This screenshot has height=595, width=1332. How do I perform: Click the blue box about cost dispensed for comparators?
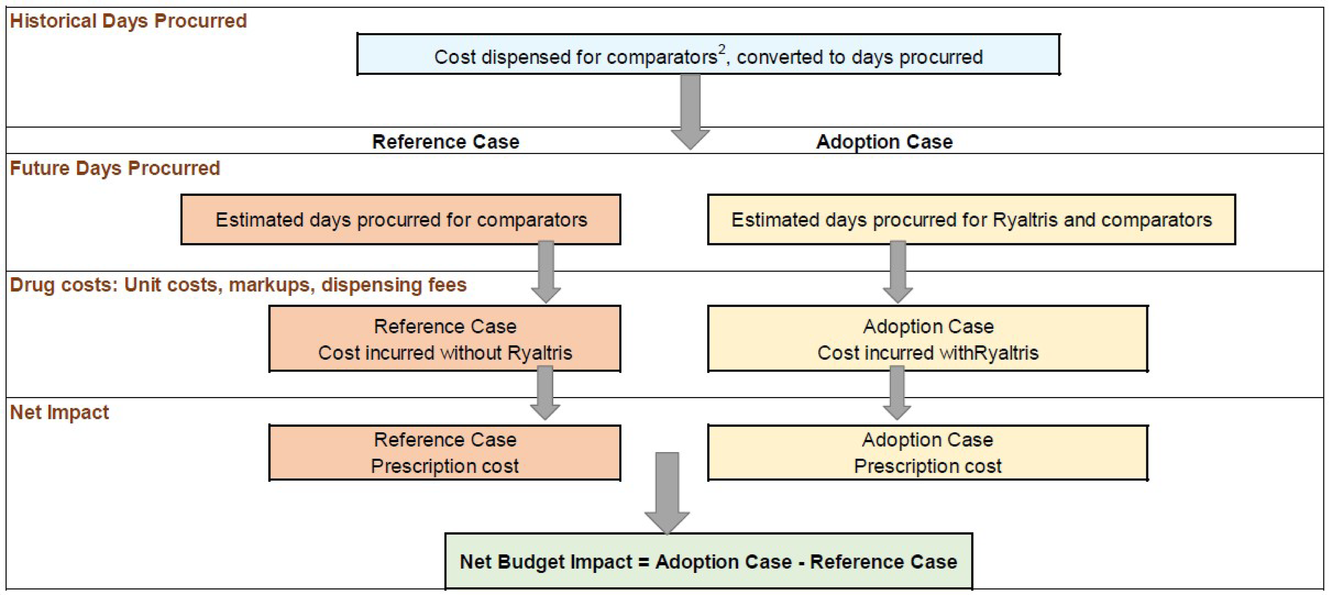click(708, 55)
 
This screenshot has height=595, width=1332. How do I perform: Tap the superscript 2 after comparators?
click(722, 50)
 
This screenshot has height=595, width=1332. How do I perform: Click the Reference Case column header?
click(446, 142)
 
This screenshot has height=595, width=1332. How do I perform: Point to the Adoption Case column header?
click(884, 142)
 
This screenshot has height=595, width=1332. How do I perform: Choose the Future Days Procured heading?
click(115, 168)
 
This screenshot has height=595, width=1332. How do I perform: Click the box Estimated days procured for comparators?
click(401, 220)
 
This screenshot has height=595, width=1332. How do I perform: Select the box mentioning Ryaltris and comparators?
click(971, 220)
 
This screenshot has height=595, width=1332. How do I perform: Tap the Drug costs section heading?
click(238, 285)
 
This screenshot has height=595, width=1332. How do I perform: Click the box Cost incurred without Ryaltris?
click(445, 339)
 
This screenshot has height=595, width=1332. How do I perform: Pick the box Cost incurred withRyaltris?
click(928, 339)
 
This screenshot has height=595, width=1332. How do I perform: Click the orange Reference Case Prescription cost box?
click(445, 453)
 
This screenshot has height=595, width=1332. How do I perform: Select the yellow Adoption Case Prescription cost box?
click(928, 453)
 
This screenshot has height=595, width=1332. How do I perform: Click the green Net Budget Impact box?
click(708, 561)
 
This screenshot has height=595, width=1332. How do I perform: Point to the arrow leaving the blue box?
click(690, 111)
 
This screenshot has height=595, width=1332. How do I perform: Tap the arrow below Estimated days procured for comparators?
click(546, 272)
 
